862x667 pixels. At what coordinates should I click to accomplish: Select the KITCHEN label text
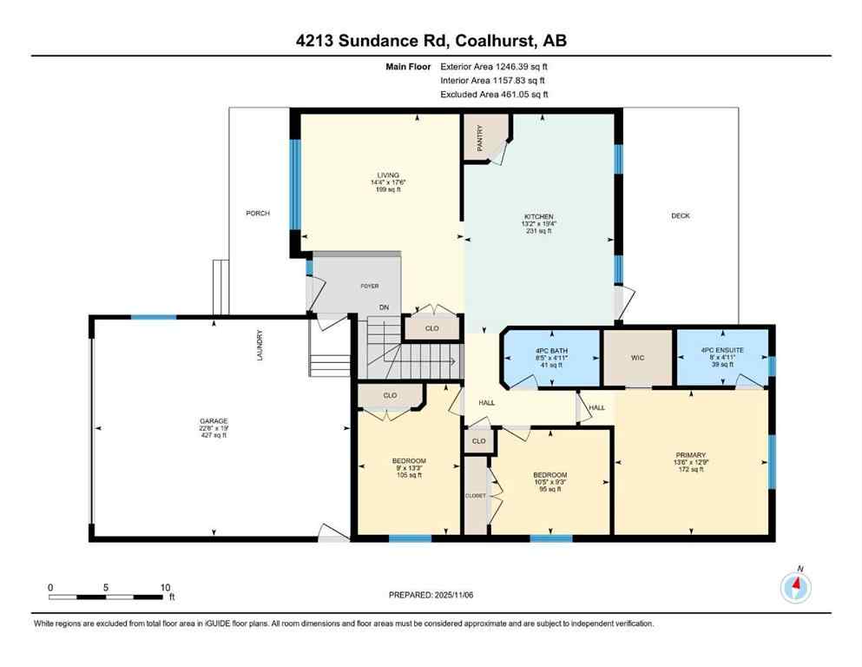[538, 216]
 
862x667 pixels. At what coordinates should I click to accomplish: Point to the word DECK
[681, 215]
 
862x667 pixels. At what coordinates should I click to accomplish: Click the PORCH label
[257, 213]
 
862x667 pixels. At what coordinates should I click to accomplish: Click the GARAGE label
[213, 421]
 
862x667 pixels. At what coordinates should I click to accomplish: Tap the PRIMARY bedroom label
[692, 454]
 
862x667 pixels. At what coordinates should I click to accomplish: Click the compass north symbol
[796, 588]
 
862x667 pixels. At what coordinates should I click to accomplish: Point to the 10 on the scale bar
[165, 587]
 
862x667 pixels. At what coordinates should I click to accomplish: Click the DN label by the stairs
[383, 307]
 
